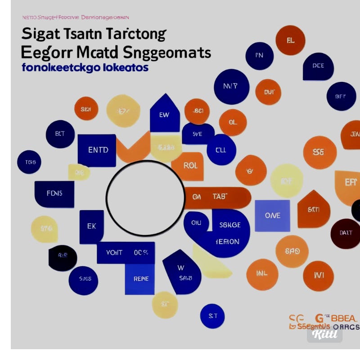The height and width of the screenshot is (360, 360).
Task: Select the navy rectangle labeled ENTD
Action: point(97,150)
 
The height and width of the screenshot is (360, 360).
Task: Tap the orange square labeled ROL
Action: point(189,166)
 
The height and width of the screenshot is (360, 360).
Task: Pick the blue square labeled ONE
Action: point(272,216)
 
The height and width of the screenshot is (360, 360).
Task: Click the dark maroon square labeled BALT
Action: point(345,233)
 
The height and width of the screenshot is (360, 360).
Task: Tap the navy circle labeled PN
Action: point(259,56)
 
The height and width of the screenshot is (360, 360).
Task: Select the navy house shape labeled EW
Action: point(164,114)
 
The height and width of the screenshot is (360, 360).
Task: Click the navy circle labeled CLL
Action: point(221,150)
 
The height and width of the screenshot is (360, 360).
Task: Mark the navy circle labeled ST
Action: point(212,316)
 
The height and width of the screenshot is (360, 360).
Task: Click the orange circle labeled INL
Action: point(262,274)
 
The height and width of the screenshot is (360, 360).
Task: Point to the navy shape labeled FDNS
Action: point(54,194)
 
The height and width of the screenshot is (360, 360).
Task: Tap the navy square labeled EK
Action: point(91,227)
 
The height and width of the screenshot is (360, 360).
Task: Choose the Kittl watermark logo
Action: point(325,334)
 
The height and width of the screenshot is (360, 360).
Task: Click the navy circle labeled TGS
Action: point(29,162)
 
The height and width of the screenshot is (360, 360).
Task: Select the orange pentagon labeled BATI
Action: point(314,209)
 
